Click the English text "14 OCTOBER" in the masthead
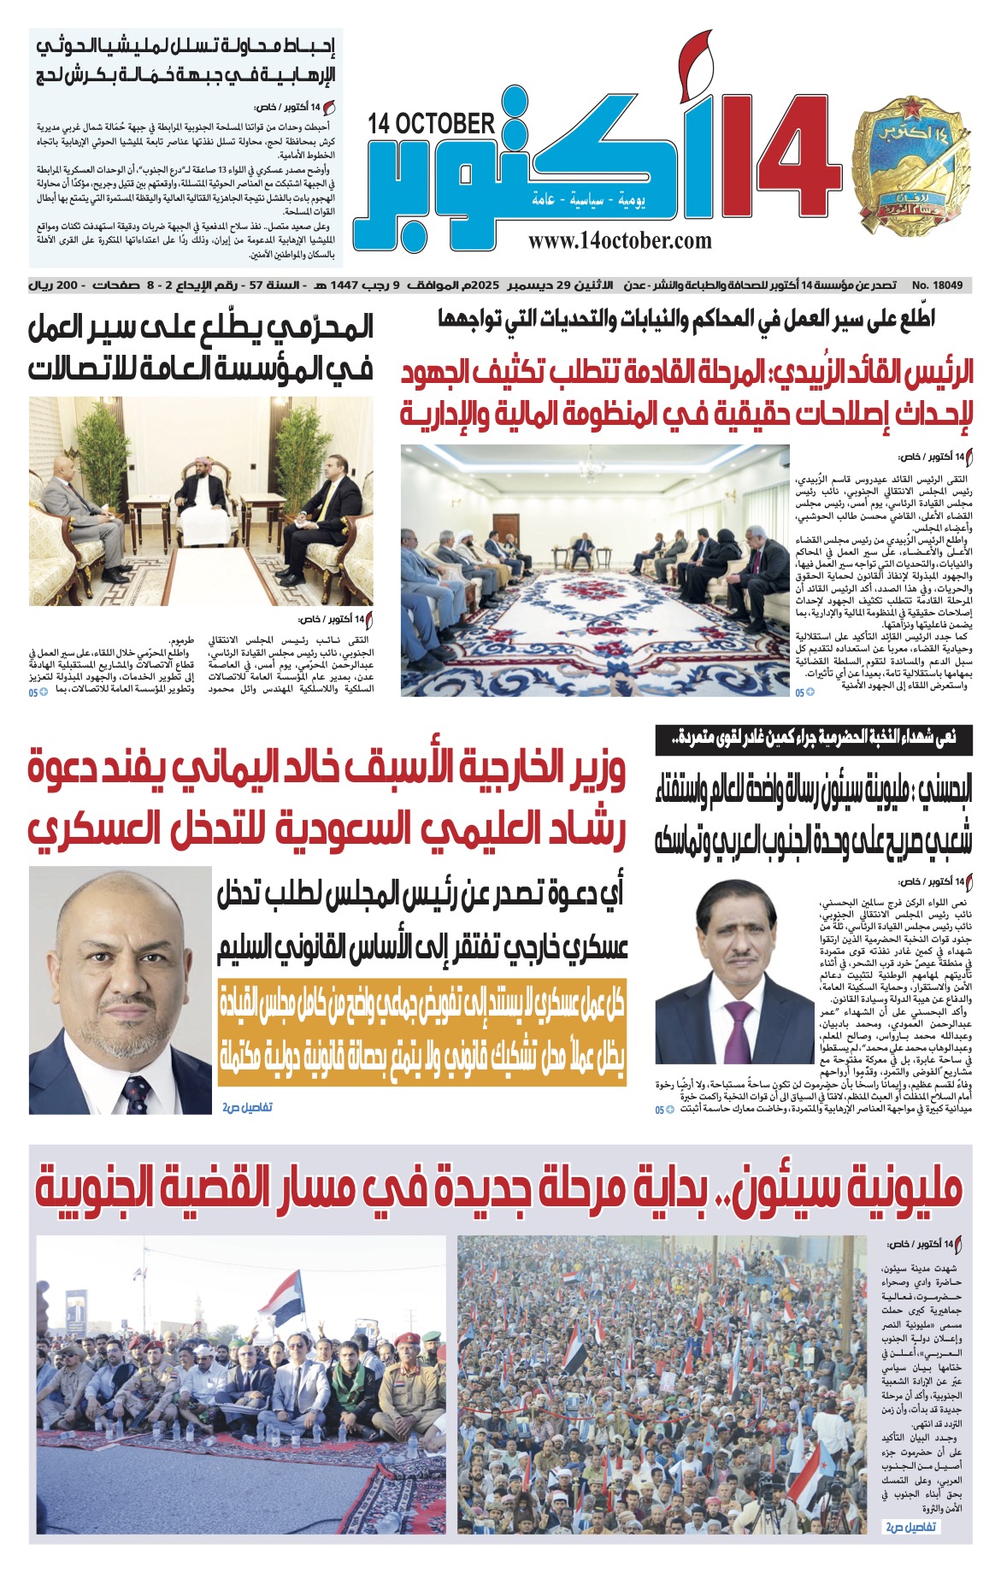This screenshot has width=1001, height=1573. pyautogui.click(x=432, y=125)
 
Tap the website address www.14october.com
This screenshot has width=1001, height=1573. pyautogui.click(x=620, y=241)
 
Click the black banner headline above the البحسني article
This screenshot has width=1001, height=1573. pyautogui.click(x=813, y=739)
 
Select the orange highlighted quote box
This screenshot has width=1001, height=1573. pyautogui.click(x=421, y=1032)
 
